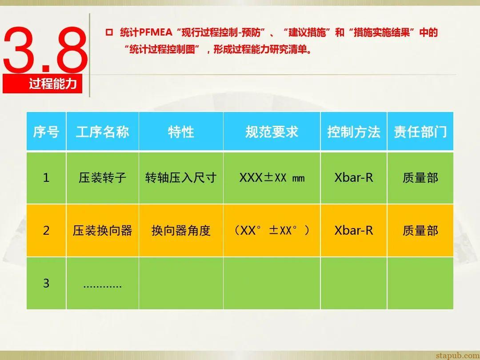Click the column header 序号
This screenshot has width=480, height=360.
tap(46, 132)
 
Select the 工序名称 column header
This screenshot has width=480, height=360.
tap(103, 132)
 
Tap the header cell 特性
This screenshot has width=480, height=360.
tap(181, 132)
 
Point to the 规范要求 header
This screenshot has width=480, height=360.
tap(272, 132)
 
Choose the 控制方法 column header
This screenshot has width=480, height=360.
tap(354, 132)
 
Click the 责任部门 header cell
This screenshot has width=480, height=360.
tap(420, 132)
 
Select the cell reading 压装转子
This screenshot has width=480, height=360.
tap(103, 178)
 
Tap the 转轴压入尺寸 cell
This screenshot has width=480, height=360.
tap(181, 178)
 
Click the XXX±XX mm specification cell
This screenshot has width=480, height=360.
tap(272, 178)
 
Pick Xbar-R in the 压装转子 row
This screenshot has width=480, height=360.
tap(354, 178)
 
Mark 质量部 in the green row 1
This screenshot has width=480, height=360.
tap(420, 178)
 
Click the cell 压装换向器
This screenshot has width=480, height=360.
tap(103, 231)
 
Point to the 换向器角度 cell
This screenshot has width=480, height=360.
tap(181, 231)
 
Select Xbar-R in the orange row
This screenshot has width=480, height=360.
tap(354, 231)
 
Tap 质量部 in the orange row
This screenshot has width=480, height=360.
tap(420, 231)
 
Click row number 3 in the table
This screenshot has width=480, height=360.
tap(46, 283)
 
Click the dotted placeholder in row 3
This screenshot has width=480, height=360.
tap(103, 285)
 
